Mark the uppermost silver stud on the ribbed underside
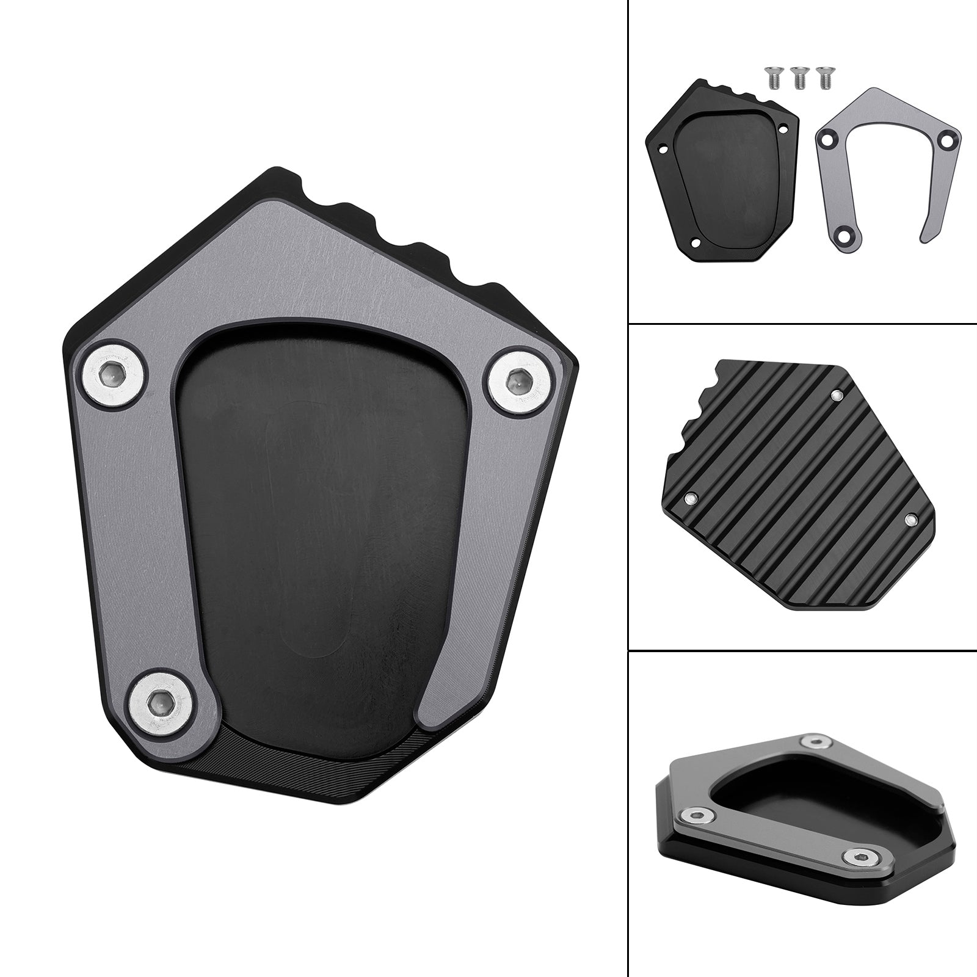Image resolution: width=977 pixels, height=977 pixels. pyautogui.click(x=837, y=396)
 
